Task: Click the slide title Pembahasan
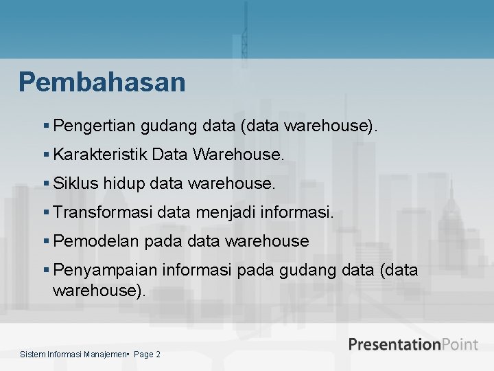pos(102,82)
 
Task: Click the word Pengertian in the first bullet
pos(94,126)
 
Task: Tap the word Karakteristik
pos(100,155)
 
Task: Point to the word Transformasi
pos(102,212)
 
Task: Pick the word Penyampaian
pos(102,270)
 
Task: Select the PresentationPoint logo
pos(412,344)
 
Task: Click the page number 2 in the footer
pos(158,355)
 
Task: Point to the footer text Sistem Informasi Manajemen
pos(74,355)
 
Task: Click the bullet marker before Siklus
pos(46,183)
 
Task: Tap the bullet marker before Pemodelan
pos(46,241)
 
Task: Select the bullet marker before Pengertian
pos(46,126)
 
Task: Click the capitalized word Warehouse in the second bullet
pos(238,155)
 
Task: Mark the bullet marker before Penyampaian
pos(46,270)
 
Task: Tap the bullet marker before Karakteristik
pos(46,155)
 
